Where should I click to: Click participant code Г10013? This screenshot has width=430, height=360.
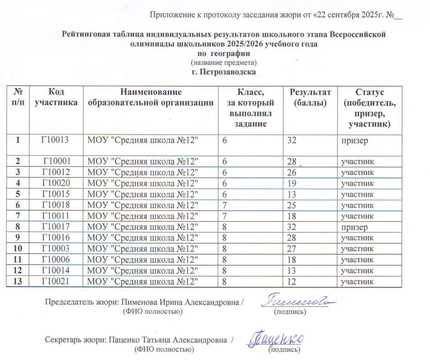coord(55,140)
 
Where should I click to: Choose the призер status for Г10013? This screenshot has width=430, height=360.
coord(353,140)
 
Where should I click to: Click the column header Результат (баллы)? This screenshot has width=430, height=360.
coord(310,97)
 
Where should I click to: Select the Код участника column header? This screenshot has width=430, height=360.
coord(56,97)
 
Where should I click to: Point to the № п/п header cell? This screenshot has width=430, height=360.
coord(18,97)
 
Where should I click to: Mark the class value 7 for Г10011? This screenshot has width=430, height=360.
coord(225,216)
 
